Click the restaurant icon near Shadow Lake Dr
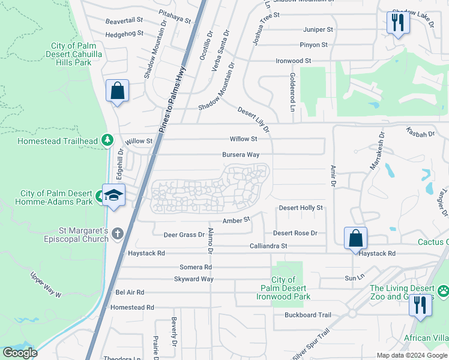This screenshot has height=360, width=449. point(397,23)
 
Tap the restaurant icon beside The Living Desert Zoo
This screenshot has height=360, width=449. point(420,305)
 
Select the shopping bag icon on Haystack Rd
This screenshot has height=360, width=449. point(356,237)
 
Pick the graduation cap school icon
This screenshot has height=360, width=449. point(113,196)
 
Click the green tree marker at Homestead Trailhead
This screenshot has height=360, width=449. point(107,140)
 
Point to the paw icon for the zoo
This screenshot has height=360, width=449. point(442,291)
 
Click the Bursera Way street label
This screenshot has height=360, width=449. point(240,154)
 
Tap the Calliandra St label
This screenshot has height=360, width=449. point(268,246)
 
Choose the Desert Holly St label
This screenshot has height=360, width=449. point(301,208)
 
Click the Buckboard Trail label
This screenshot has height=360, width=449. point(308,315)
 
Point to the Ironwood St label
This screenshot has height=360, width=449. point(293,61)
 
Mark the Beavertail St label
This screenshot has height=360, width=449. point(124,20)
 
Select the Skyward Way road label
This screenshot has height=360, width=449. point(193,279)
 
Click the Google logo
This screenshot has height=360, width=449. point(20,353)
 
